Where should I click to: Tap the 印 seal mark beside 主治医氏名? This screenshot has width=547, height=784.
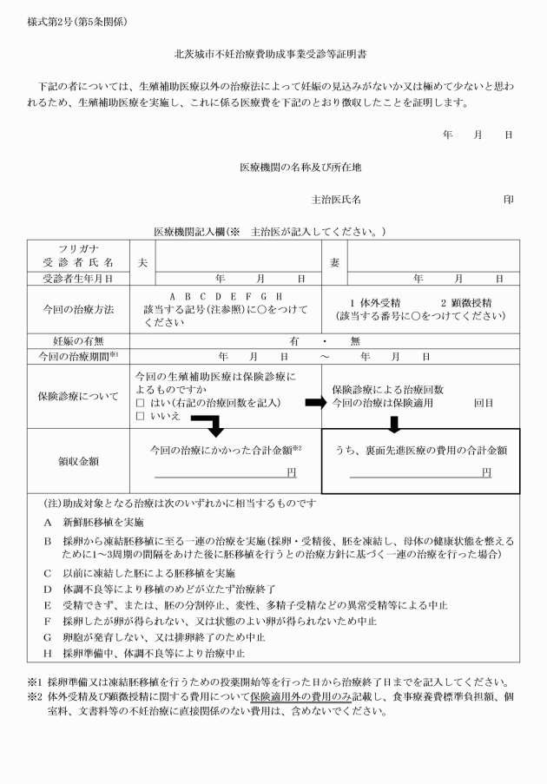508,200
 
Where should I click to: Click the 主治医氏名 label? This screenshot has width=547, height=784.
336,200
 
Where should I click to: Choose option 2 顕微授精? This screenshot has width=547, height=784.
466,302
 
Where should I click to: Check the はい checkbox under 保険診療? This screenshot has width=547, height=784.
140,403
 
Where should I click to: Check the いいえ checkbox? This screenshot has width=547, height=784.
140,417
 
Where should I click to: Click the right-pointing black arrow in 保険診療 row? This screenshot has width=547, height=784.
313,403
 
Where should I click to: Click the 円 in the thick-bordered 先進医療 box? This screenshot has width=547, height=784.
486,472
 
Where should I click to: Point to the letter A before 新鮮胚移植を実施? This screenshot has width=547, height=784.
48,523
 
